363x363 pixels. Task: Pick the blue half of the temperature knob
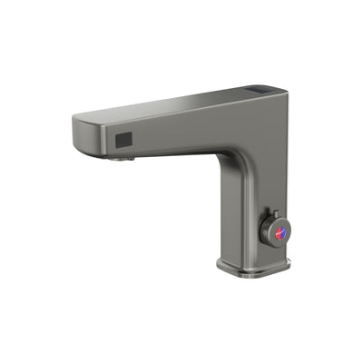point(277,237)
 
